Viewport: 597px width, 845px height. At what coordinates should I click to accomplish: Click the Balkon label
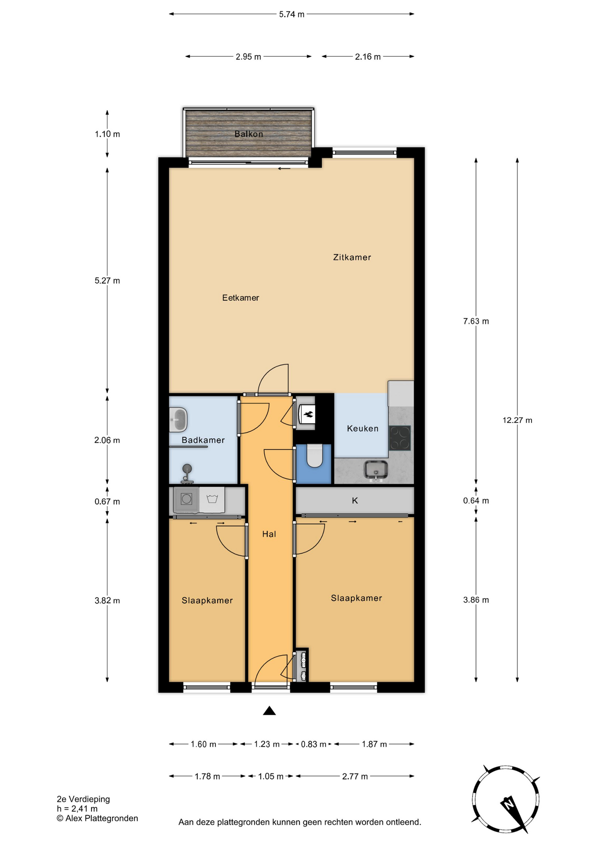pos(248,134)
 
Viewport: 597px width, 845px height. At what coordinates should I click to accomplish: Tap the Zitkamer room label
pos(352,257)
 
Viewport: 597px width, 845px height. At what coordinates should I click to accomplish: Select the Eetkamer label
pos(240,298)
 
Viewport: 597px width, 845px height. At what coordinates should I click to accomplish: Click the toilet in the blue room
pos(314,456)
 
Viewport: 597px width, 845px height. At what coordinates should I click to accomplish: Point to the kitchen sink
pos(376,470)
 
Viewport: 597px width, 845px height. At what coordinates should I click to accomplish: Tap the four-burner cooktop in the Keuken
pos(400,438)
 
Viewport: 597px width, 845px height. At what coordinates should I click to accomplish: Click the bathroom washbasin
pos(178,419)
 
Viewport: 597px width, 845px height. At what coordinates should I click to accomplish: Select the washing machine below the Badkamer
pos(186,499)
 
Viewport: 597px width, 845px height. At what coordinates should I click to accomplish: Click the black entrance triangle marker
pos(269,711)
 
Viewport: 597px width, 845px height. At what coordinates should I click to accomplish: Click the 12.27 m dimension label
pos(517,420)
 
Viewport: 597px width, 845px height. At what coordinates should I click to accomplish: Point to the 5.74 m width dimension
pos(291,14)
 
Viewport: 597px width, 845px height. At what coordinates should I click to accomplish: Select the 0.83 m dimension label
pos(313,744)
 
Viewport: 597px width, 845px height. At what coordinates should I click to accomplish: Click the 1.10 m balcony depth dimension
pos(107,134)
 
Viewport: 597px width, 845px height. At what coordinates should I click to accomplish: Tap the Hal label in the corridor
pos(269,534)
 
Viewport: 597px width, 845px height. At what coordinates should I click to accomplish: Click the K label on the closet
pos(355,500)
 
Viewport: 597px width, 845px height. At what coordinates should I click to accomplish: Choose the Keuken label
pos(362,428)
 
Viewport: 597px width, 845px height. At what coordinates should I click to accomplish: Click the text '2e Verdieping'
pos(84,799)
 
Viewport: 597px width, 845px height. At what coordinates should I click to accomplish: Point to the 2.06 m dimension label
pos(107,440)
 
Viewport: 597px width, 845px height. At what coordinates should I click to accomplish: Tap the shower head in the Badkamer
pos(187,468)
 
